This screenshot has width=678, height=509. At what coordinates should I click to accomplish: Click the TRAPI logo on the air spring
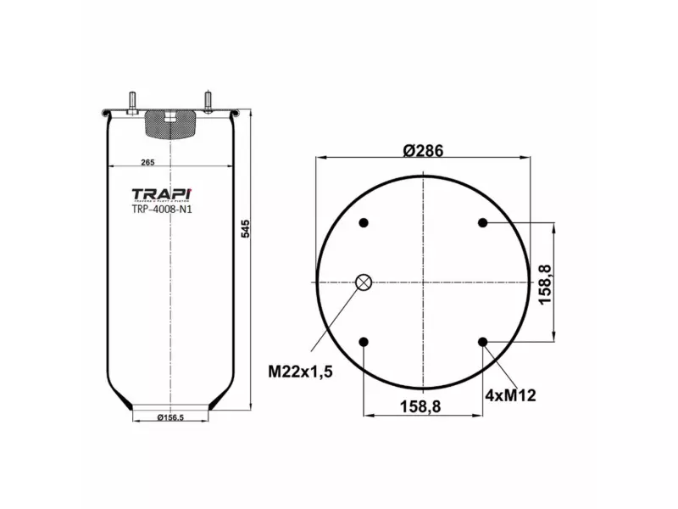162,195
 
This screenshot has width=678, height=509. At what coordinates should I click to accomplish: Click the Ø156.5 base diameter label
170,417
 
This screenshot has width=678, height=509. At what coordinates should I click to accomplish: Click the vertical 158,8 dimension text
545,283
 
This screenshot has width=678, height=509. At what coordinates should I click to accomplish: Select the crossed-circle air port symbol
364,282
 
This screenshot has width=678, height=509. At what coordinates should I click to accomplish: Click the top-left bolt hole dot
364,223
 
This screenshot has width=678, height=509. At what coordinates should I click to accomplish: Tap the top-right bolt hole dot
482,223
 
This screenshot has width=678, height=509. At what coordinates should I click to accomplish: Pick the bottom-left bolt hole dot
364,342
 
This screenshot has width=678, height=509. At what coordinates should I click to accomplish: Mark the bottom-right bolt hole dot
482,342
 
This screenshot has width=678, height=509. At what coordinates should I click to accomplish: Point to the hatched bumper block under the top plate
170,126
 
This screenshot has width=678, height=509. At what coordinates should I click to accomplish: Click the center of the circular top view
423,282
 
